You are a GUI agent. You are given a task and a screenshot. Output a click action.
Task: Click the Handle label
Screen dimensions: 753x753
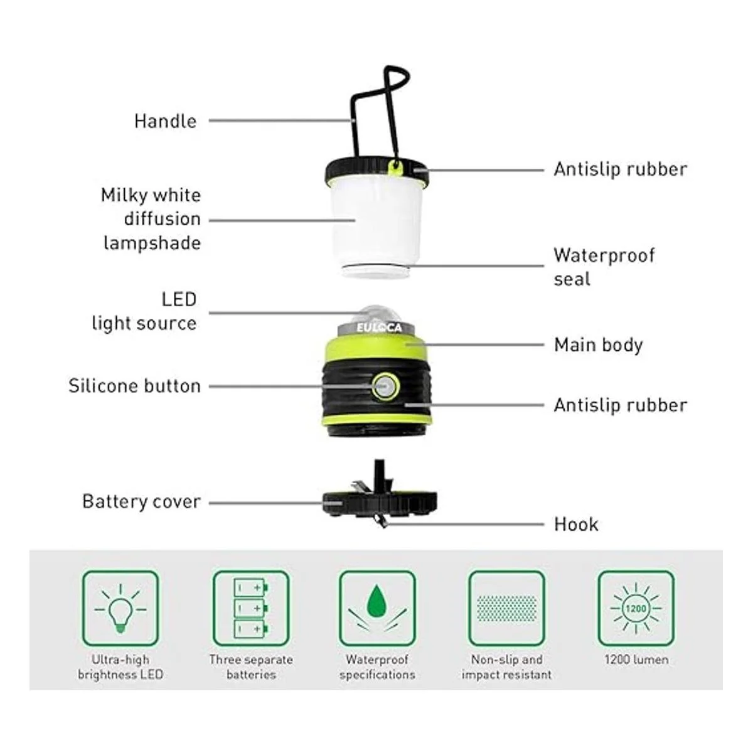(x=165, y=121)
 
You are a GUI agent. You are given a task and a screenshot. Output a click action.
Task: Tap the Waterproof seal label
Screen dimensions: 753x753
(x=604, y=267)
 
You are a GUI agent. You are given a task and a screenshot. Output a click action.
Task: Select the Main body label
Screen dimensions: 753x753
(x=598, y=345)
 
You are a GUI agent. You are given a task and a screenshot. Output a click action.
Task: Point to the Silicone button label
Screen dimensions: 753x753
(x=134, y=386)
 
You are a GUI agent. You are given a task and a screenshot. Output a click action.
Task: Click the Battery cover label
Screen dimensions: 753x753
(x=141, y=502)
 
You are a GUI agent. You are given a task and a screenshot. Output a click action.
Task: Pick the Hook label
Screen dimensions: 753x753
(x=576, y=525)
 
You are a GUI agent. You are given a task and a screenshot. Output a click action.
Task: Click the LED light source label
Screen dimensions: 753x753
(x=144, y=312)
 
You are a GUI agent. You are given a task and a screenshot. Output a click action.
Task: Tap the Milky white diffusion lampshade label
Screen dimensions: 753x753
(x=151, y=219)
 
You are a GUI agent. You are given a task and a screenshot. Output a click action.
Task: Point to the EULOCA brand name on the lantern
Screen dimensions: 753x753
(x=378, y=328)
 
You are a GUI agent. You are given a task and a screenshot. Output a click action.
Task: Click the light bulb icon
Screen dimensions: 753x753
(x=120, y=609)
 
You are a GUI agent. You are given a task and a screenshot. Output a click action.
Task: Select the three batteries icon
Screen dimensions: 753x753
(x=250, y=609)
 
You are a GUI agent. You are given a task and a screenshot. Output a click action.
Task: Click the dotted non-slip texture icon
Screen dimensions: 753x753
(x=506, y=609)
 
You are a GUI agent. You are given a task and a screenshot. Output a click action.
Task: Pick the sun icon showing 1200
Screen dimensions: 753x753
(x=636, y=609)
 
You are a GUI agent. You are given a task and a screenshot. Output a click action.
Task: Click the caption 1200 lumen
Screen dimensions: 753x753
(x=636, y=660)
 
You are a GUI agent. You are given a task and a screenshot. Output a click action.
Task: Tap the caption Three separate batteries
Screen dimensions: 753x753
(x=251, y=666)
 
